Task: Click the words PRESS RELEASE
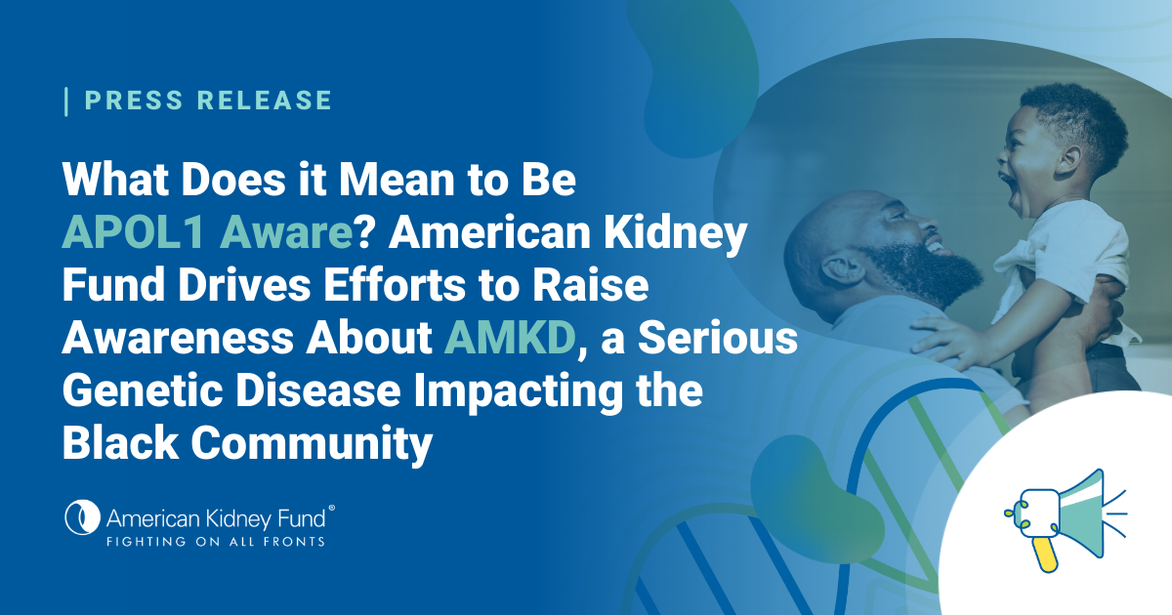point(208,101)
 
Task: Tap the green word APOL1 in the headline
point(134,232)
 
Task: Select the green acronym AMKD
point(510,338)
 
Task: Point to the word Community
point(312,444)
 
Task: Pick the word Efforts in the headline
point(395,285)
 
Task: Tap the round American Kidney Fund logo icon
point(82,517)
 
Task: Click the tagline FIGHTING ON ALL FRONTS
point(216,542)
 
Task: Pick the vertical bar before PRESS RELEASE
point(66,102)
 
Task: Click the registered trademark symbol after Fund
point(331,509)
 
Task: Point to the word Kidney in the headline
point(676,233)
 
